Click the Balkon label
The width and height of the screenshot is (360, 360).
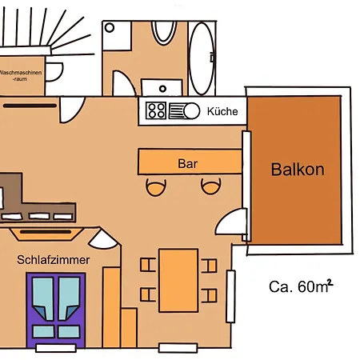[x=298, y=170]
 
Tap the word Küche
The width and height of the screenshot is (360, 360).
[x=222, y=111]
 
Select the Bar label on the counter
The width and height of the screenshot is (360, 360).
[x=188, y=163]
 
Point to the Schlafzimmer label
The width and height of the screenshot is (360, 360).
[x=54, y=260]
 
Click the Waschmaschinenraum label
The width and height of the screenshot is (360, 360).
[x=21, y=75]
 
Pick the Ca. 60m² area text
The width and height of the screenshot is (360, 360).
[x=301, y=286]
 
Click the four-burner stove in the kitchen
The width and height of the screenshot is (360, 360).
[x=156, y=110]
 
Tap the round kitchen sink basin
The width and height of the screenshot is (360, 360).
[x=191, y=110]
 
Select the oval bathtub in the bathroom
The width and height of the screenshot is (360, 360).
[x=202, y=58]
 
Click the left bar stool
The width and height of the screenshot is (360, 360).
[x=156, y=187]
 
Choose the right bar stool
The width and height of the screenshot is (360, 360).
[x=210, y=186]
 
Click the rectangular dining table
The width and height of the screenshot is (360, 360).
[x=178, y=280]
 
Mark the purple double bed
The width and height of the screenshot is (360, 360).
[x=56, y=310]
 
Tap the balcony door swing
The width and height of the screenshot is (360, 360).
[x=231, y=222]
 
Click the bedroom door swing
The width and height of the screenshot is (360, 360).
[x=102, y=239]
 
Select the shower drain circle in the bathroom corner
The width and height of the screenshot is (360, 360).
[x=110, y=27]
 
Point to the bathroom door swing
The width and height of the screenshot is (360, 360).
[x=124, y=83]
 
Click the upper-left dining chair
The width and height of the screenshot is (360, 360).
[x=148, y=265]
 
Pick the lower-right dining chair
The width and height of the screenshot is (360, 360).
[x=209, y=295]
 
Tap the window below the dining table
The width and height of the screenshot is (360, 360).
[x=178, y=348]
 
